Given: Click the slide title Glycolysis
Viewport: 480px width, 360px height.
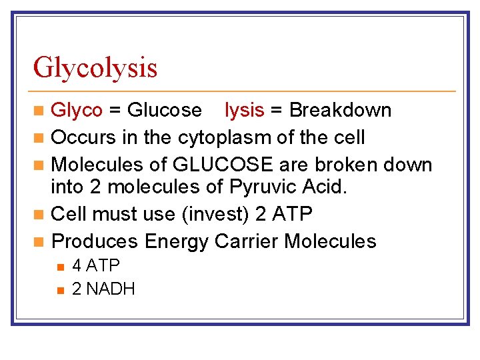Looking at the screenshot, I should [x=95, y=68].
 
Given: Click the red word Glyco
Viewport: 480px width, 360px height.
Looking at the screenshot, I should [x=77, y=110].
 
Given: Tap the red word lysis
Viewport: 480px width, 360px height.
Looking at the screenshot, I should [x=245, y=110].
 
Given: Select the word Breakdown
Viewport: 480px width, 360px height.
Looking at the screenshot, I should [x=340, y=110].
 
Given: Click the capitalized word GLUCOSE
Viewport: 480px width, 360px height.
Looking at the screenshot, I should [x=222, y=165].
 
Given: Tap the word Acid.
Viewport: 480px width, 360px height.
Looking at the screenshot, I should [x=324, y=187].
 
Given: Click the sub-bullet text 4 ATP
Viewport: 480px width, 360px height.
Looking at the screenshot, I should [x=95, y=266].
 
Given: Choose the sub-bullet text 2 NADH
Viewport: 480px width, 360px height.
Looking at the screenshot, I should [x=103, y=289].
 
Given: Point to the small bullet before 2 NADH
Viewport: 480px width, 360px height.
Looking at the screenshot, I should [x=60, y=290].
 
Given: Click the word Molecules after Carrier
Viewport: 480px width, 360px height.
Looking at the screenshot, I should [x=330, y=241].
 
